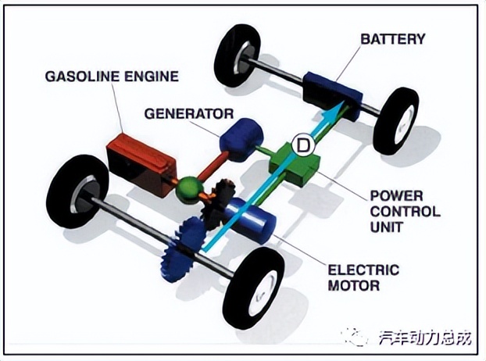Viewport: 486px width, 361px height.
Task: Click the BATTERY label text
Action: [x=393, y=38]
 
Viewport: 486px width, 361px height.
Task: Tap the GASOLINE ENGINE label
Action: [x=113, y=77]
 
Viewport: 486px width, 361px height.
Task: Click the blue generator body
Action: [x=239, y=139]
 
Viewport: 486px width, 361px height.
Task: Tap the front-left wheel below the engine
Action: [x=78, y=191]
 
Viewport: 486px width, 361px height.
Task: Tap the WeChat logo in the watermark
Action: [x=356, y=338]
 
